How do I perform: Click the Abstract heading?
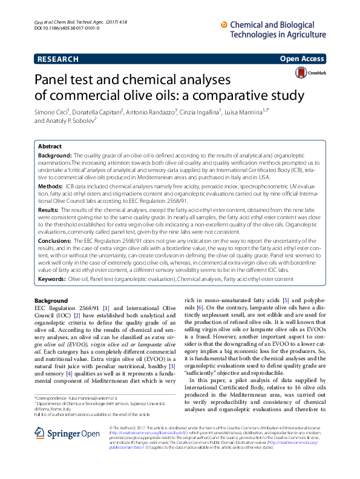pyautogui.click(x=50, y=147)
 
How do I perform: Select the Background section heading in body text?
pyautogui.click(x=51, y=301)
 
